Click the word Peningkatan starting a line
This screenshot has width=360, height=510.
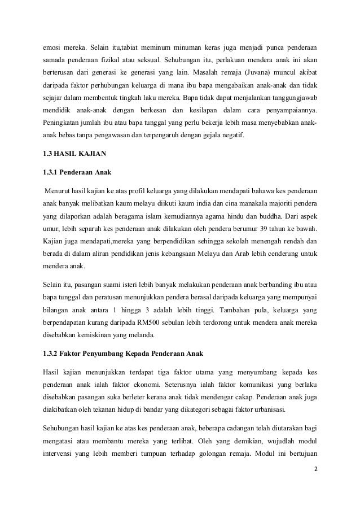(x=62, y=121)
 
